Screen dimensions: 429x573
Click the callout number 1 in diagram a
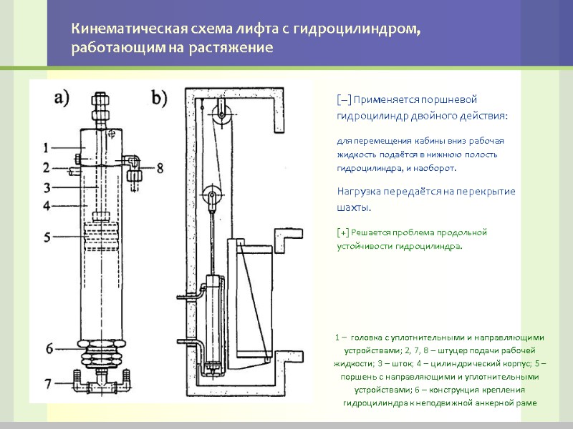(45, 149)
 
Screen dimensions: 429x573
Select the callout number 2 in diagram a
(45, 168)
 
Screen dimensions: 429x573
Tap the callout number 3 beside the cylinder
(45, 187)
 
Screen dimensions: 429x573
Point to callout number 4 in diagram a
(45, 206)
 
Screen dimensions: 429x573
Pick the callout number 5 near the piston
(45, 236)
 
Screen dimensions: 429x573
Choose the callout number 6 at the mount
(49, 349)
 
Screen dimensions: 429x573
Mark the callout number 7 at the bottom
(49, 384)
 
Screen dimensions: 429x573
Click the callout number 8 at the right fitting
(159, 169)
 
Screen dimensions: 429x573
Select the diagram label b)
(158, 98)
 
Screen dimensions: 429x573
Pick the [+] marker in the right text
(343, 232)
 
